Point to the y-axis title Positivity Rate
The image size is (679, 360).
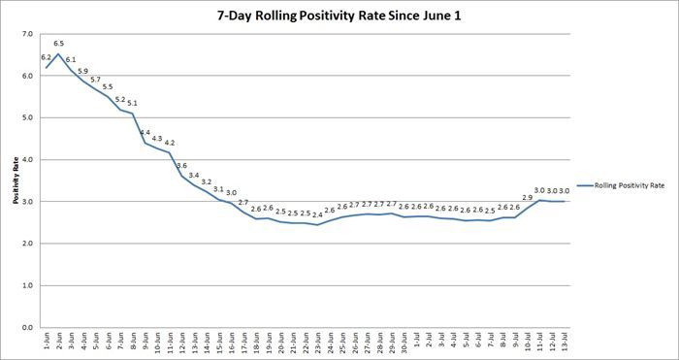[16, 183]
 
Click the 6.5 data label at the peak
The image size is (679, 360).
[58, 44]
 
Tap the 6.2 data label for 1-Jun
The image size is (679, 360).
[46, 57]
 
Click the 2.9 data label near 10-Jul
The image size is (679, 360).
[527, 197]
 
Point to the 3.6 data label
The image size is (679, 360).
[181, 166]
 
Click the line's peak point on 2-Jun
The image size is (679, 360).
[58, 54]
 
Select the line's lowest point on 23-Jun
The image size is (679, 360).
[317, 225]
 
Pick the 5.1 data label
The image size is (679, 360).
[132, 103]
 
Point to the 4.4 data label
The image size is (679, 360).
[145, 132]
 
